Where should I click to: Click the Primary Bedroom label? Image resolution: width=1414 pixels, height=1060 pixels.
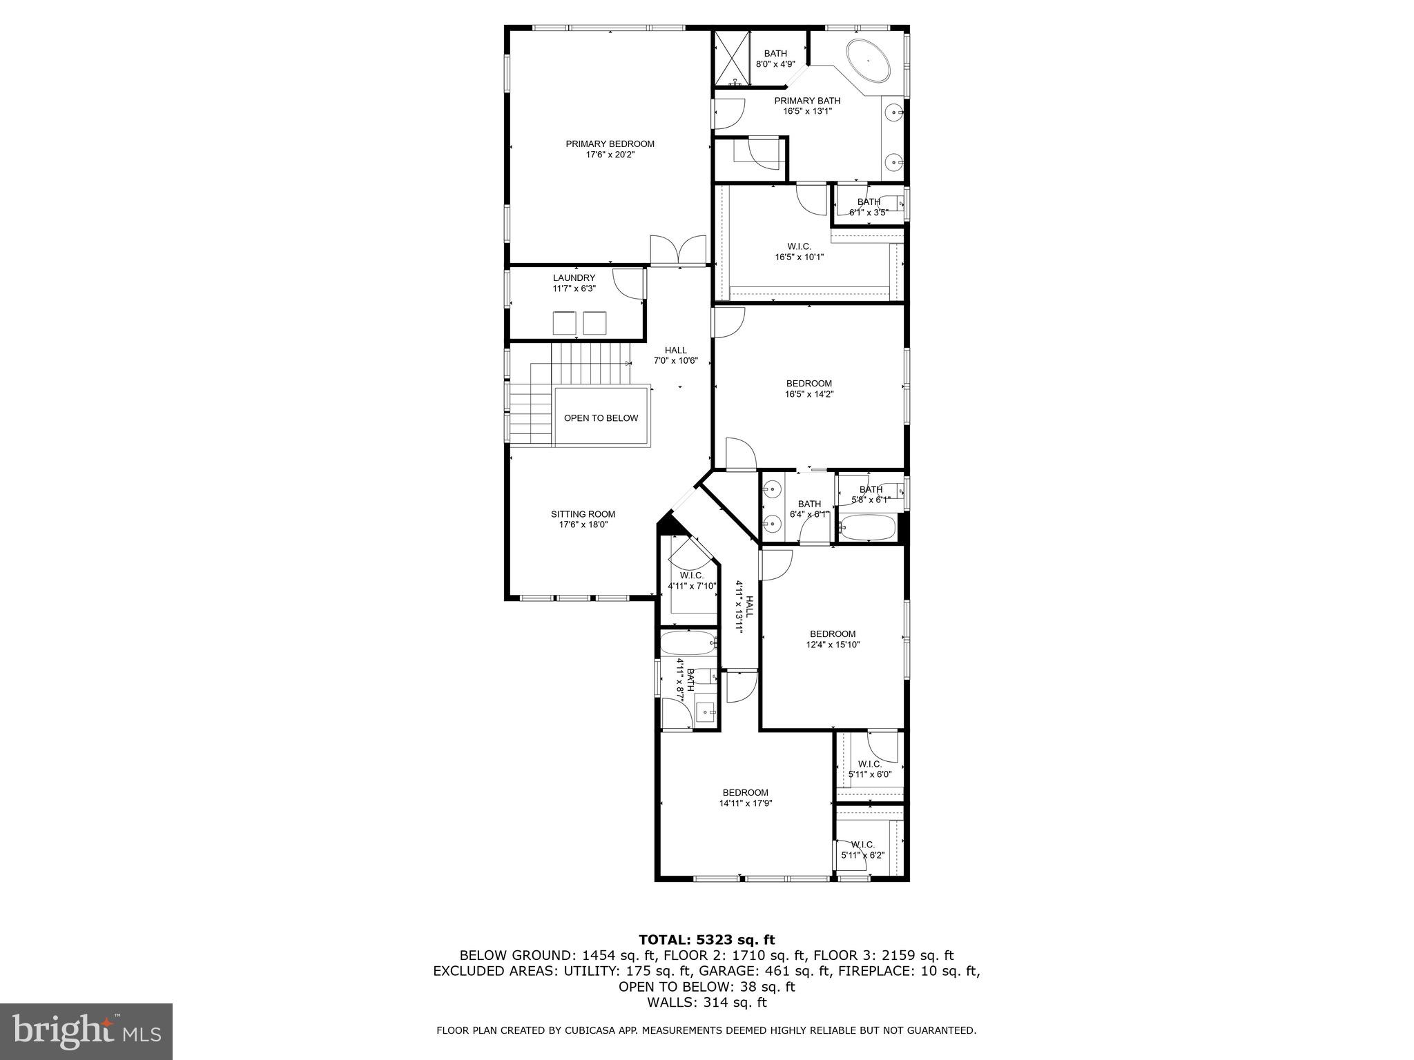point(610,149)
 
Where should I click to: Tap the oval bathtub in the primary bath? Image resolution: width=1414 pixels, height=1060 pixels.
point(869,61)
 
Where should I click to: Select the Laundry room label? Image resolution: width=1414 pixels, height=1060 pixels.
point(574,283)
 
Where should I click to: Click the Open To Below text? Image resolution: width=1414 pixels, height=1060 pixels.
point(601,418)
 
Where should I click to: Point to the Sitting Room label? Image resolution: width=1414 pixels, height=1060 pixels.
point(583,519)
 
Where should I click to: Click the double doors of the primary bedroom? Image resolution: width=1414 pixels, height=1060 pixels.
point(678,250)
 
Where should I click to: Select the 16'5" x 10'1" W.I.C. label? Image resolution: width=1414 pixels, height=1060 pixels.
point(799,252)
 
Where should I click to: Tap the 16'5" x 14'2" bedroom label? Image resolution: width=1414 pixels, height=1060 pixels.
point(808,389)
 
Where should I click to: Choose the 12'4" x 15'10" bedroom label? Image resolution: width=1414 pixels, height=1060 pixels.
point(833,639)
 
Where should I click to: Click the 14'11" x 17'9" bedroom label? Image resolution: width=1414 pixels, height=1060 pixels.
point(745,798)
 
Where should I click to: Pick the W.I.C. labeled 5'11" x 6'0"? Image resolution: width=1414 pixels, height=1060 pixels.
point(869,769)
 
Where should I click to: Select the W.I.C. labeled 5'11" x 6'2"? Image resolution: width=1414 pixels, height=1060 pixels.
point(862,850)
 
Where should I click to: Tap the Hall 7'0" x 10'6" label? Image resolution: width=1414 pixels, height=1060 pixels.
point(676,355)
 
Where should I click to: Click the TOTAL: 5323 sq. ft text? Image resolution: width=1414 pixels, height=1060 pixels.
point(706,940)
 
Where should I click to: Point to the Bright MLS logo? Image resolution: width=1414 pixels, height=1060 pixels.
point(86,1031)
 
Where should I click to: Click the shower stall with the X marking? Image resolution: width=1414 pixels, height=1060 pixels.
point(731,58)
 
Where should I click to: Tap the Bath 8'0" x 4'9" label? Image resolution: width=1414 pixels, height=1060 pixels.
point(775,59)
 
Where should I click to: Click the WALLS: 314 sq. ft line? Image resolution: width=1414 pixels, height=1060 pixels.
point(706,1002)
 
